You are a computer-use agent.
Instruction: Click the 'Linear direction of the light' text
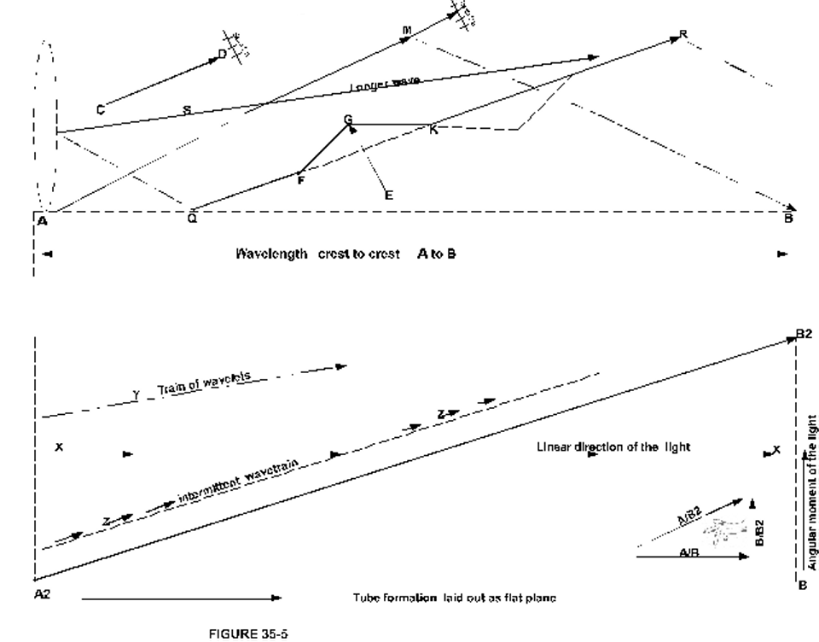click(x=613, y=447)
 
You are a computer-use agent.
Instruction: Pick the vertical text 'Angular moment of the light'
click(x=813, y=493)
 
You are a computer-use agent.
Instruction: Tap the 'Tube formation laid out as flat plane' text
click(x=454, y=598)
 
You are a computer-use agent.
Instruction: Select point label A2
click(x=42, y=593)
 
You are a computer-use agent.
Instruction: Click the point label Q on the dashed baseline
click(x=192, y=219)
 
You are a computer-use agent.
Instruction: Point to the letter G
click(x=348, y=119)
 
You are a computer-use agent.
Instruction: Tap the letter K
click(x=433, y=130)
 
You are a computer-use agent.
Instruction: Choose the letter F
click(x=299, y=180)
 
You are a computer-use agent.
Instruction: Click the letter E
click(x=389, y=196)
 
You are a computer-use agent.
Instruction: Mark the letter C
click(x=101, y=108)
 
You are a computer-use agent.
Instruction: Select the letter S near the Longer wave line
click(x=187, y=109)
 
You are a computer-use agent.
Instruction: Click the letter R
click(x=682, y=34)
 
